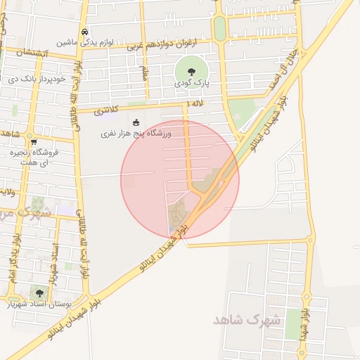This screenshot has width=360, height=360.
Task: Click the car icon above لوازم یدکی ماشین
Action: click(x=84, y=32)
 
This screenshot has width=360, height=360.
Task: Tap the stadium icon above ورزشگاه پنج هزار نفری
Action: click(x=136, y=122)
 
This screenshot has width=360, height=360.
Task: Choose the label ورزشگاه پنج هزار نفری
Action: click(x=136, y=133)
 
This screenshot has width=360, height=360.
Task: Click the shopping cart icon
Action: click(x=34, y=141)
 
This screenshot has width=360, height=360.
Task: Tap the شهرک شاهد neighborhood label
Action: click(x=246, y=320)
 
